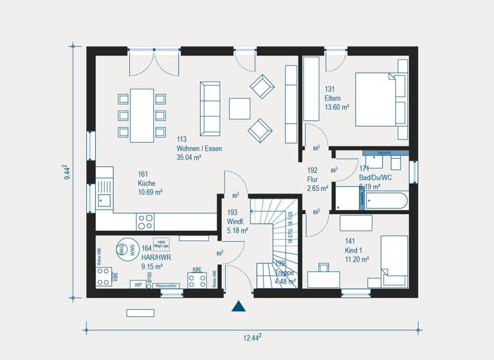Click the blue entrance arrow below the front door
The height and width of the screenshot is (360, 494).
(x=239, y=307)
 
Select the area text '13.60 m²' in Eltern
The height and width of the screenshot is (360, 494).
(x=337, y=107)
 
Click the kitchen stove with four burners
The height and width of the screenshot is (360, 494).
(x=146, y=222)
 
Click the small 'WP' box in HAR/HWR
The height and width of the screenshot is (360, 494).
(x=138, y=284)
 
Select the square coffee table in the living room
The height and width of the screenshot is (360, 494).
(x=239, y=108)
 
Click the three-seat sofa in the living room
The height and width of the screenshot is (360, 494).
(x=210, y=107)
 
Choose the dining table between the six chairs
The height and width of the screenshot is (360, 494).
(x=142, y=116)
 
